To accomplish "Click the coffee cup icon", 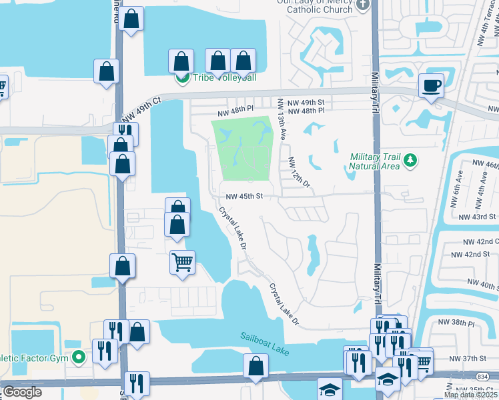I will pyautogui.click(x=430, y=86).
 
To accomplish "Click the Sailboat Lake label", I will pyautogui.click(x=265, y=344).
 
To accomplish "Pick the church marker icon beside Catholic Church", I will pyautogui.click(x=362, y=5).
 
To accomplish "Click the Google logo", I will pyautogui.click(x=22, y=392).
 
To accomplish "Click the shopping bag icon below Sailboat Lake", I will pyautogui.click(x=256, y=366).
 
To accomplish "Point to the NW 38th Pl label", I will pyautogui.click(x=456, y=323).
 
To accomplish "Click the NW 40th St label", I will pyautogui.click(x=483, y=285).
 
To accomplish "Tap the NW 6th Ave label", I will pyautogui.click(x=458, y=181).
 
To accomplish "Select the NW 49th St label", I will pyautogui.click(x=312, y=102).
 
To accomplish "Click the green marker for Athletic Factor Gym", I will pyautogui.click(x=79, y=357).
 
